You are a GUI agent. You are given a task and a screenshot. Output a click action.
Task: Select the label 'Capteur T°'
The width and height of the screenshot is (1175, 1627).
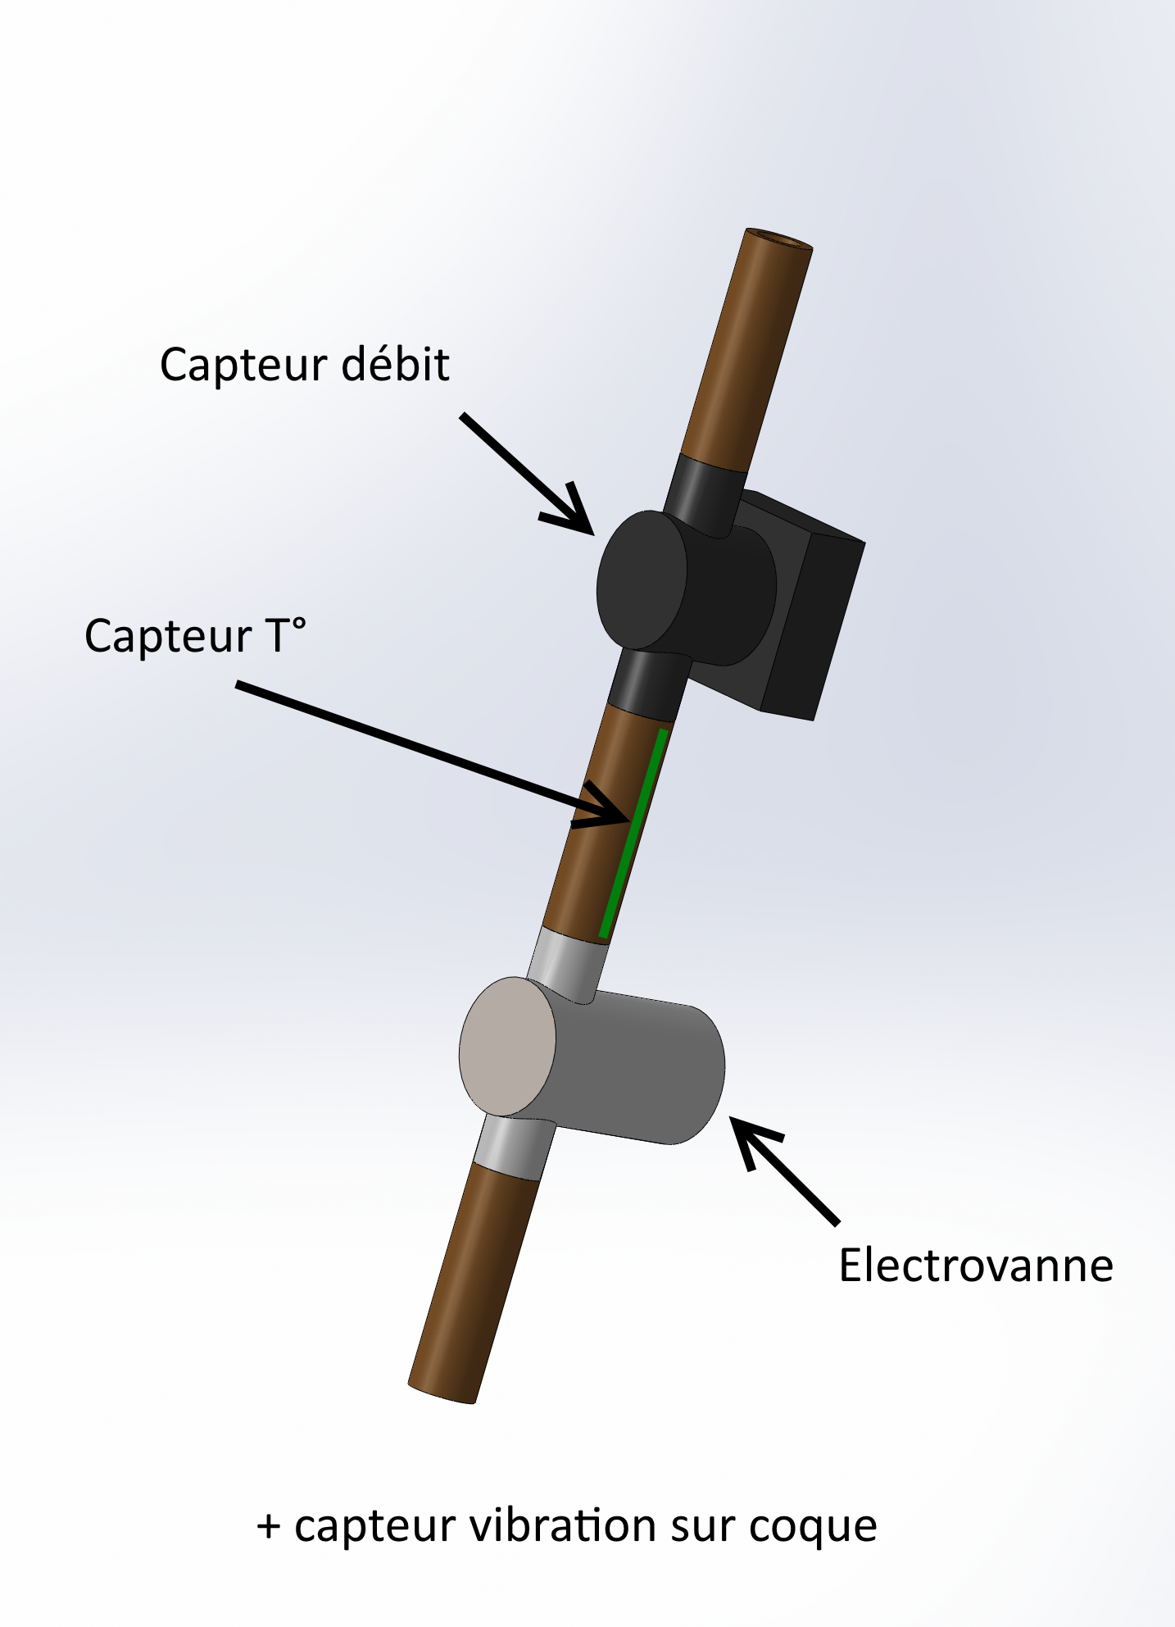click(x=195, y=636)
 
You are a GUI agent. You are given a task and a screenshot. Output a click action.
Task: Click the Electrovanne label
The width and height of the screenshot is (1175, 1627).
click(x=975, y=1266)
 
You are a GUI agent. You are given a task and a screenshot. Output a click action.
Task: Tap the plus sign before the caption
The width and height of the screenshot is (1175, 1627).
click(x=269, y=1527)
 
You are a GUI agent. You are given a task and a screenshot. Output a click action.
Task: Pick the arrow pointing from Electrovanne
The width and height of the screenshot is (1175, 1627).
click(x=787, y=1172)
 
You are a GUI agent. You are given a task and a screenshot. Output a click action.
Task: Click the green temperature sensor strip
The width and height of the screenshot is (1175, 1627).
click(x=633, y=832)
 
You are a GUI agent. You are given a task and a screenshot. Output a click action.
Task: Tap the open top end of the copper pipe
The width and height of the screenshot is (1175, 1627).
click(x=778, y=239)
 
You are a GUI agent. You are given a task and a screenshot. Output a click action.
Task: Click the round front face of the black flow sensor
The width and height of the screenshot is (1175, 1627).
click(x=642, y=579)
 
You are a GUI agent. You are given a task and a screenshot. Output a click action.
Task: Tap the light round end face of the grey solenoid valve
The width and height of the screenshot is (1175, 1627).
click(x=507, y=1046)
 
